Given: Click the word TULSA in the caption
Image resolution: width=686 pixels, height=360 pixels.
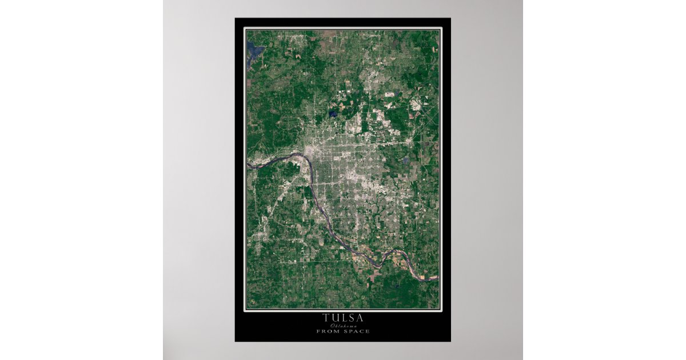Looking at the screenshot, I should point(342,318).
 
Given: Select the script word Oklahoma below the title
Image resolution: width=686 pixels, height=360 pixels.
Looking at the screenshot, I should point(342,325).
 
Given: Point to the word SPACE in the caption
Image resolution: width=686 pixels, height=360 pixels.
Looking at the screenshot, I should point(357,331).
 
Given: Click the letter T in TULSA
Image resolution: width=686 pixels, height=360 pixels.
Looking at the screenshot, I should point(325,318).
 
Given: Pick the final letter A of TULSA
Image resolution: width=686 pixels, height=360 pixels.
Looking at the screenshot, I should point(360,318).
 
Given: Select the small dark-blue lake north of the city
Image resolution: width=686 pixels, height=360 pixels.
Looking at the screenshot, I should point(333,114).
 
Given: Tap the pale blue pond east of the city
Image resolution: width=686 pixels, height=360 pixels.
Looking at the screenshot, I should point(406,161).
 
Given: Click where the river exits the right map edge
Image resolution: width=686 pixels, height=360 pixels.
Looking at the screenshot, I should point(437,278).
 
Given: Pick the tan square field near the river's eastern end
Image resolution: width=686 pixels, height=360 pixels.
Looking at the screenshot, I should point(422,277).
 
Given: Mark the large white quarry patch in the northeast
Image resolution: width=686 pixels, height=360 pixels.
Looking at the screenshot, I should point(415,105).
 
